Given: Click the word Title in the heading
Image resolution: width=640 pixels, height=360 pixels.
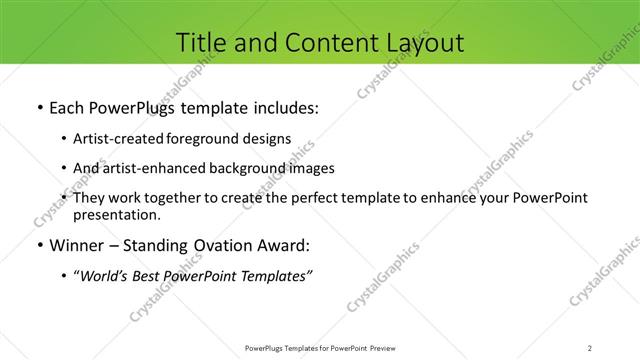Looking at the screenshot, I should [199, 42].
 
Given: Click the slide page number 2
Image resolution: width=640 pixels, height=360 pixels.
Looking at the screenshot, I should [590, 347].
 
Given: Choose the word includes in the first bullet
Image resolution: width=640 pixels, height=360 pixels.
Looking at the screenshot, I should [286, 108].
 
